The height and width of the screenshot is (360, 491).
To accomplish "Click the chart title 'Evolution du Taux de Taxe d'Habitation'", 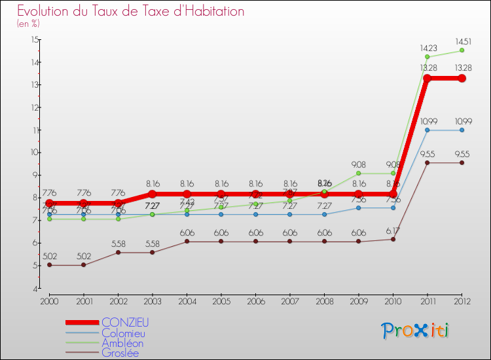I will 131,11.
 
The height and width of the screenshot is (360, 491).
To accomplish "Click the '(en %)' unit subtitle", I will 28,24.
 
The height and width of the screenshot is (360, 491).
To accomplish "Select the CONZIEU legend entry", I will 125,322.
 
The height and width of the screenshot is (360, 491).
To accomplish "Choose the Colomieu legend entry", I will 125,333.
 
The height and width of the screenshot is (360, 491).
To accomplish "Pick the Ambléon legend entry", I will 122,343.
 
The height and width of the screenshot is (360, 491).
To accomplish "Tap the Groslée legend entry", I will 120,353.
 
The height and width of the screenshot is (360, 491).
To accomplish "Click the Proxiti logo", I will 416,331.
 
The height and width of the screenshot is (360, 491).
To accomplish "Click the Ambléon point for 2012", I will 462,50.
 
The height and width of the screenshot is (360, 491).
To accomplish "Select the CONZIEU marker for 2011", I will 427,79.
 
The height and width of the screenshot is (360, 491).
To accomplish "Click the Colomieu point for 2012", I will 462,130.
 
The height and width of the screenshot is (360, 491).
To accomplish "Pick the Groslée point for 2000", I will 49,265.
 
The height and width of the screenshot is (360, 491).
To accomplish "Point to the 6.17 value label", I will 393,230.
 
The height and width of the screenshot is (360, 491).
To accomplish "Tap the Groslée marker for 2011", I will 427,162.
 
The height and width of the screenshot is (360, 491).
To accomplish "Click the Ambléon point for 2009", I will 359,173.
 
